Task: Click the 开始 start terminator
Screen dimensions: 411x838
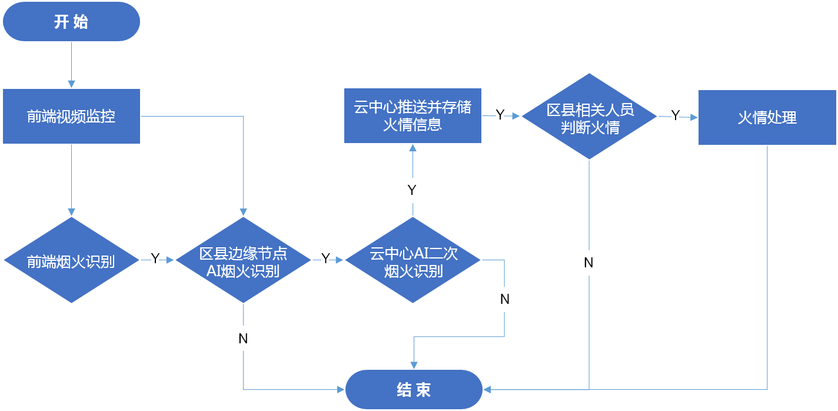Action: (x=71, y=22)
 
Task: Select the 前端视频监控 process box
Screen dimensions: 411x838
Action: (x=71, y=116)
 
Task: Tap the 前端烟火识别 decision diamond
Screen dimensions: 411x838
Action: (x=71, y=260)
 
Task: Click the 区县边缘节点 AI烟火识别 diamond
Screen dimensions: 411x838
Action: (x=243, y=260)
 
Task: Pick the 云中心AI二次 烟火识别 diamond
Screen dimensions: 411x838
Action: (x=413, y=260)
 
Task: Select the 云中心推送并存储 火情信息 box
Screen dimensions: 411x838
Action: (x=413, y=115)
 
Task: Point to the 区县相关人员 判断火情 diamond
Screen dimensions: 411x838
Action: (x=590, y=116)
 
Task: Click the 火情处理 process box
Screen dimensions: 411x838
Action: (x=767, y=117)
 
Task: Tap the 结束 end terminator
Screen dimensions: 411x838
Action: (x=414, y=389)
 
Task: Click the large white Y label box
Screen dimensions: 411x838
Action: (x=413, y=190)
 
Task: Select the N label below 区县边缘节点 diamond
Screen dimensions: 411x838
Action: (x=243, y=338)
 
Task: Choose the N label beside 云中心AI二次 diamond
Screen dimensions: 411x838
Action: (x=504, y=299)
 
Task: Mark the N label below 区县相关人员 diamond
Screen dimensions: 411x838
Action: (x=588, y=263)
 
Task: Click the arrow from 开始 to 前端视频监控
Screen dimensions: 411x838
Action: (x=71, y=65)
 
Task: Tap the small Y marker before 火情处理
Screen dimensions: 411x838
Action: (x=676, y=116)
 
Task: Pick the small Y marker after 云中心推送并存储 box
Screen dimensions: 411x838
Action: (x=500, y=116)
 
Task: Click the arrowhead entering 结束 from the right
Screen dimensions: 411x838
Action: (x=488, y=389)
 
